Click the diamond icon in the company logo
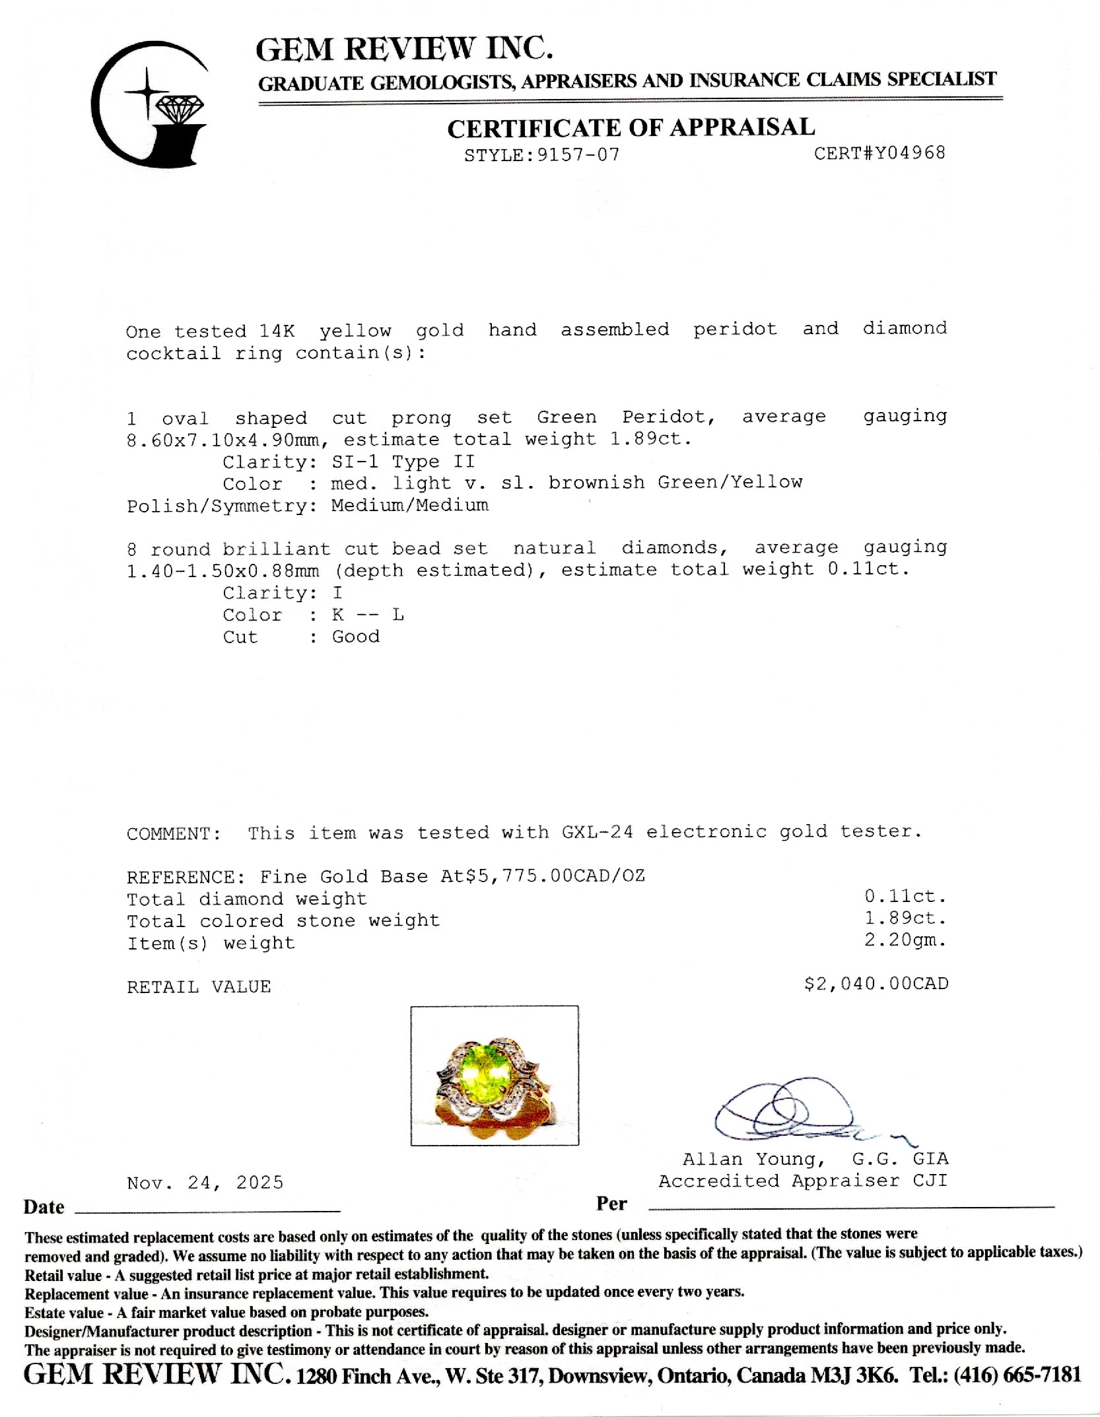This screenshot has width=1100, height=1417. click(180, 107)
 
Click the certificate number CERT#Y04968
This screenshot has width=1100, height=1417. click(879, 153)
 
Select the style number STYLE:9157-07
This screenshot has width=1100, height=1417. click(542, 155)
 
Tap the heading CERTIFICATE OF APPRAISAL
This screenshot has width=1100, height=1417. click(631, 127)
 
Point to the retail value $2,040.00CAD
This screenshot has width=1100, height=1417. click(876, 984)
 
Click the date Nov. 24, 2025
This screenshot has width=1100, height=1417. click(205, 1182)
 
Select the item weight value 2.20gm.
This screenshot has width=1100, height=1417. click(905, 940)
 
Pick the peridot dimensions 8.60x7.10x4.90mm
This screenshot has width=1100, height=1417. click(227, 440)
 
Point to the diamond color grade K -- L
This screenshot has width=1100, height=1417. click(368, 615)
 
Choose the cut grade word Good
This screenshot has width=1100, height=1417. click(355, 637)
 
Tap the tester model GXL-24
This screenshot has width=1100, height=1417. click(597, 832)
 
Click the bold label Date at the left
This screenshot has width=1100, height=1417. click(44, 1207)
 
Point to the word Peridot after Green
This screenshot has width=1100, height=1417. click(669, 417)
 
